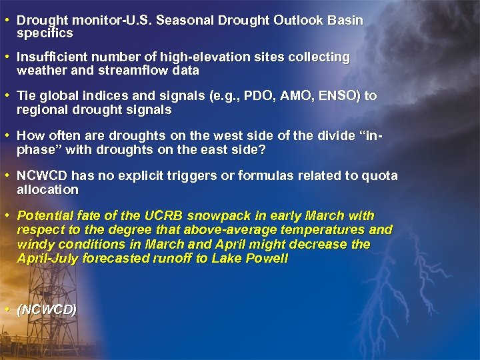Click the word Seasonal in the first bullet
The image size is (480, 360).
coord(178,21)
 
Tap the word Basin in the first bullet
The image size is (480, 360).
coord(347,21)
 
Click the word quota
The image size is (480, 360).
coord(380,176)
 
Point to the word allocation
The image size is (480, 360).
coord(47,189)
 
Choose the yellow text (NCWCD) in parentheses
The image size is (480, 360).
coord(47,309)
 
